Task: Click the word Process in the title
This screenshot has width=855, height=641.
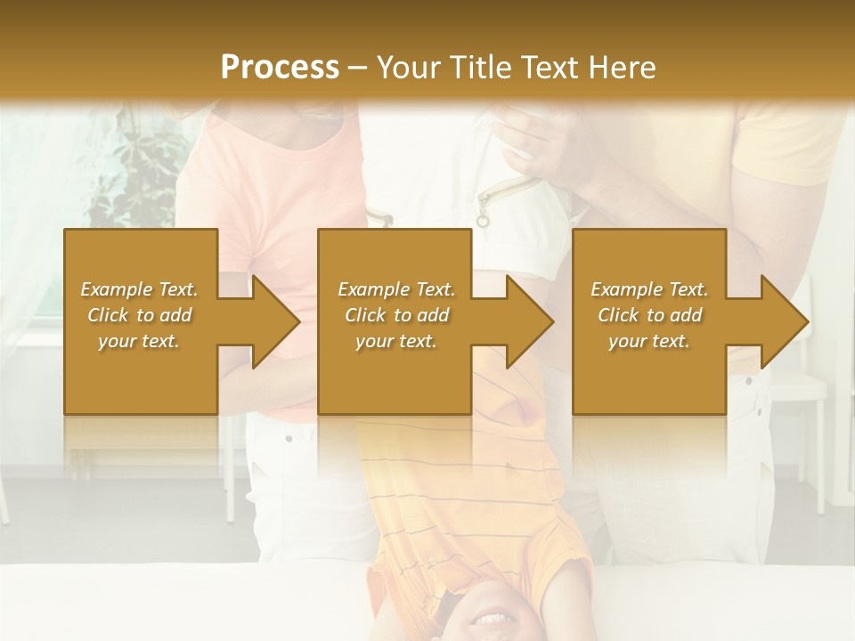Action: coord(280,68)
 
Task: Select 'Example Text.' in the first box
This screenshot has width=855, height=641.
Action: coord(139,289)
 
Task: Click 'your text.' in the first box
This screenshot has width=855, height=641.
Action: coord(139,341)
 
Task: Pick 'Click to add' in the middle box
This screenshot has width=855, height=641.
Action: coord(396,315)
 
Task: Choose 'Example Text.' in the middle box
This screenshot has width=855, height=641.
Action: coord(396,289)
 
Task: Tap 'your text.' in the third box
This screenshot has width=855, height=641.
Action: coord(649,341)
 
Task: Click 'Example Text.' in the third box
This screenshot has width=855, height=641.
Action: coord(649,289)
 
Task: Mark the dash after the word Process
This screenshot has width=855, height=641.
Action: coord(357,68)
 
